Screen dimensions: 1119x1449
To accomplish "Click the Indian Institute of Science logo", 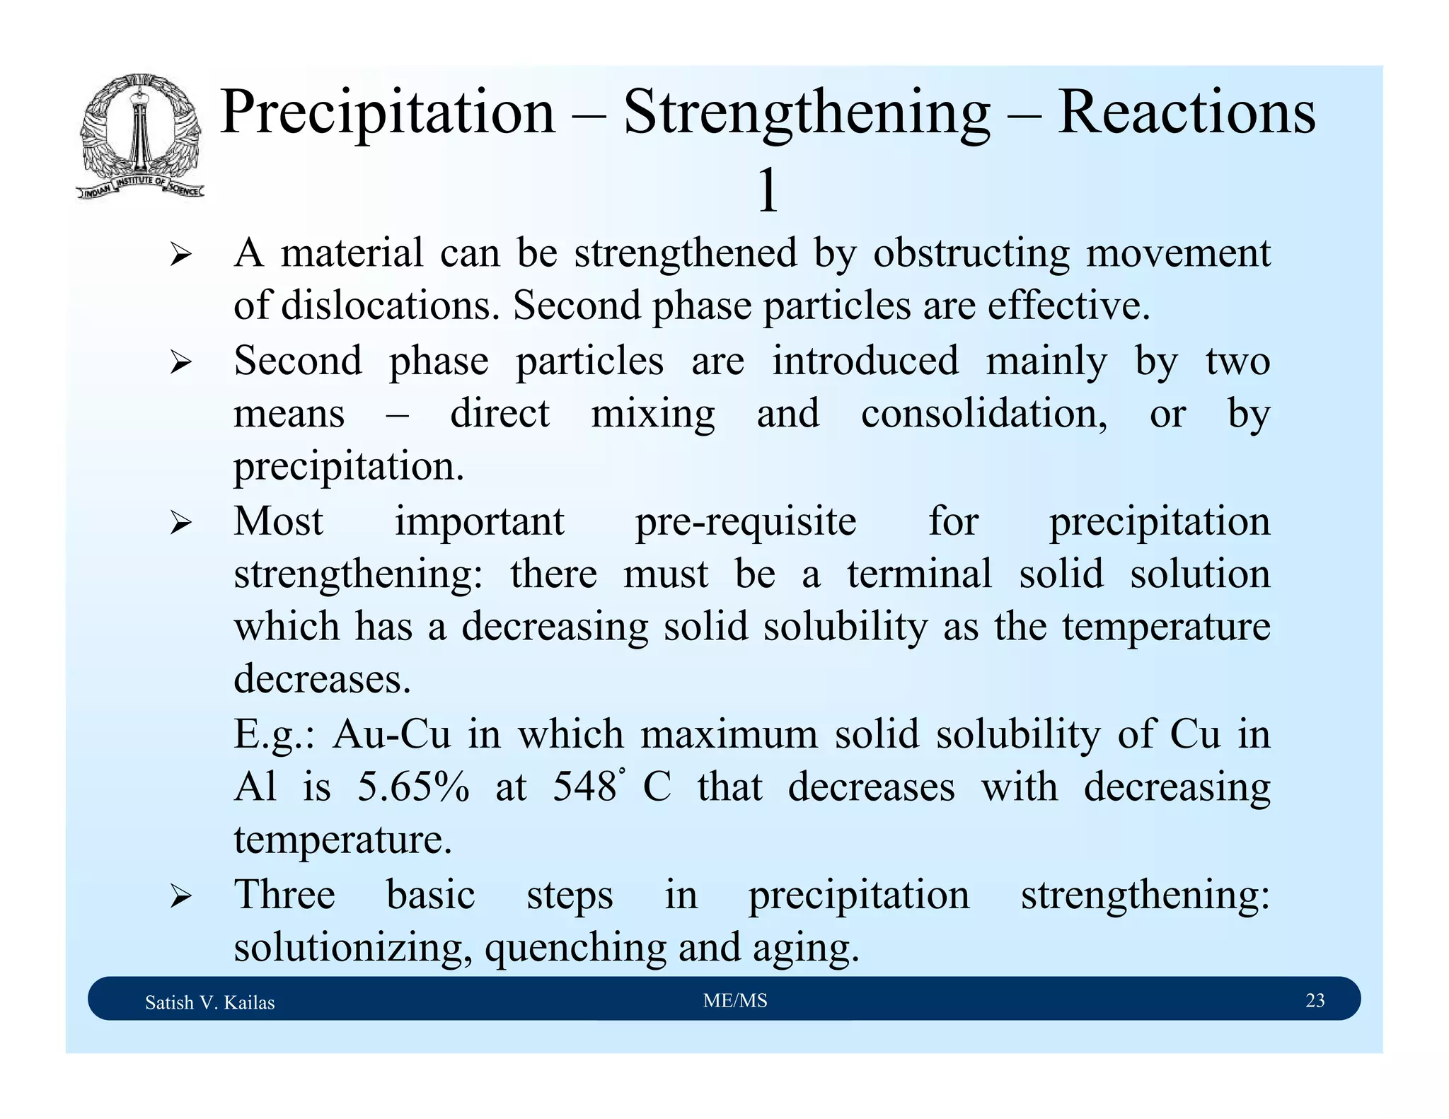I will [140, 137].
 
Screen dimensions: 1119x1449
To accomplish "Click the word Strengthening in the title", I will [806, 113].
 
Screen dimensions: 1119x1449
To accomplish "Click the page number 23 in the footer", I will [1315, 1000].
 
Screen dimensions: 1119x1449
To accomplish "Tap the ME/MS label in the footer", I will [735, 1000].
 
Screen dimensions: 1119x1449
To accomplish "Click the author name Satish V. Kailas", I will [209, 1002].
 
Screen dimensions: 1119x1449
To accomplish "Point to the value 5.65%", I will [412, 787].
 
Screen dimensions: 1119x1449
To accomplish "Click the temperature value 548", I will [584, 787].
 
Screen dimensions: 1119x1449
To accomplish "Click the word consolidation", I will [983, 414].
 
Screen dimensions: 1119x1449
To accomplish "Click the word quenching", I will [575, 948].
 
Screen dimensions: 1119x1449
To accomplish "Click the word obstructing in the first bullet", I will [971, 253].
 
